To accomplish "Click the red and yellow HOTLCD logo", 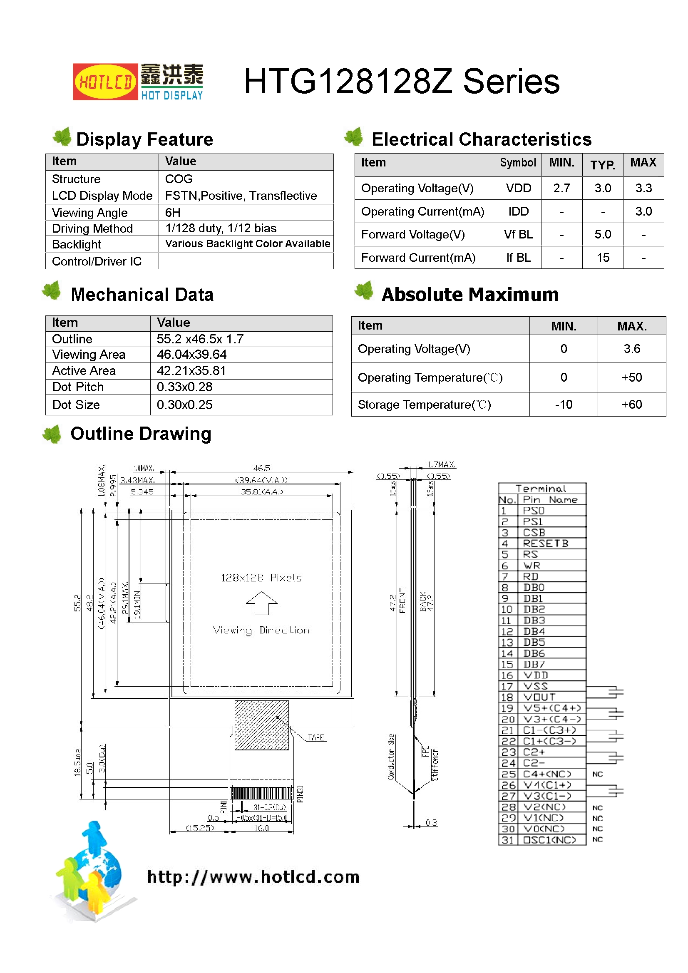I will [105, 82].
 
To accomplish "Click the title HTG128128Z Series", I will [401, 82].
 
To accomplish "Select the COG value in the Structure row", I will [179, 179].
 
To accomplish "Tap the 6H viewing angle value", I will [173, 212].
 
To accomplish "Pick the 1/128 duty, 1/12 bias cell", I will [221, 228].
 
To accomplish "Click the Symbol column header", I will [518, 163].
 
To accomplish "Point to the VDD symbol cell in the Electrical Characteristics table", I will [518, 188].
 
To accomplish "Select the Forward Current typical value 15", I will [602, 258].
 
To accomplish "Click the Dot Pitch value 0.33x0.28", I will [184, 387].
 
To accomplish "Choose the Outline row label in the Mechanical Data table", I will [72, 339].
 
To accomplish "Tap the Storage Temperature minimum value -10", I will [564, 405].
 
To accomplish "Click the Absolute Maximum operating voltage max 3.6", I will [631, 349].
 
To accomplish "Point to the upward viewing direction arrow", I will [261, 603].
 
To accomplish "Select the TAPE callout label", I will [316, 738].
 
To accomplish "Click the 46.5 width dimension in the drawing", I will [261, 468].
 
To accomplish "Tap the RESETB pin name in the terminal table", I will [545, 544].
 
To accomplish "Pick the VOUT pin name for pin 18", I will [539, 697].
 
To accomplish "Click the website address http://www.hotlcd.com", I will [253, 877].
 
